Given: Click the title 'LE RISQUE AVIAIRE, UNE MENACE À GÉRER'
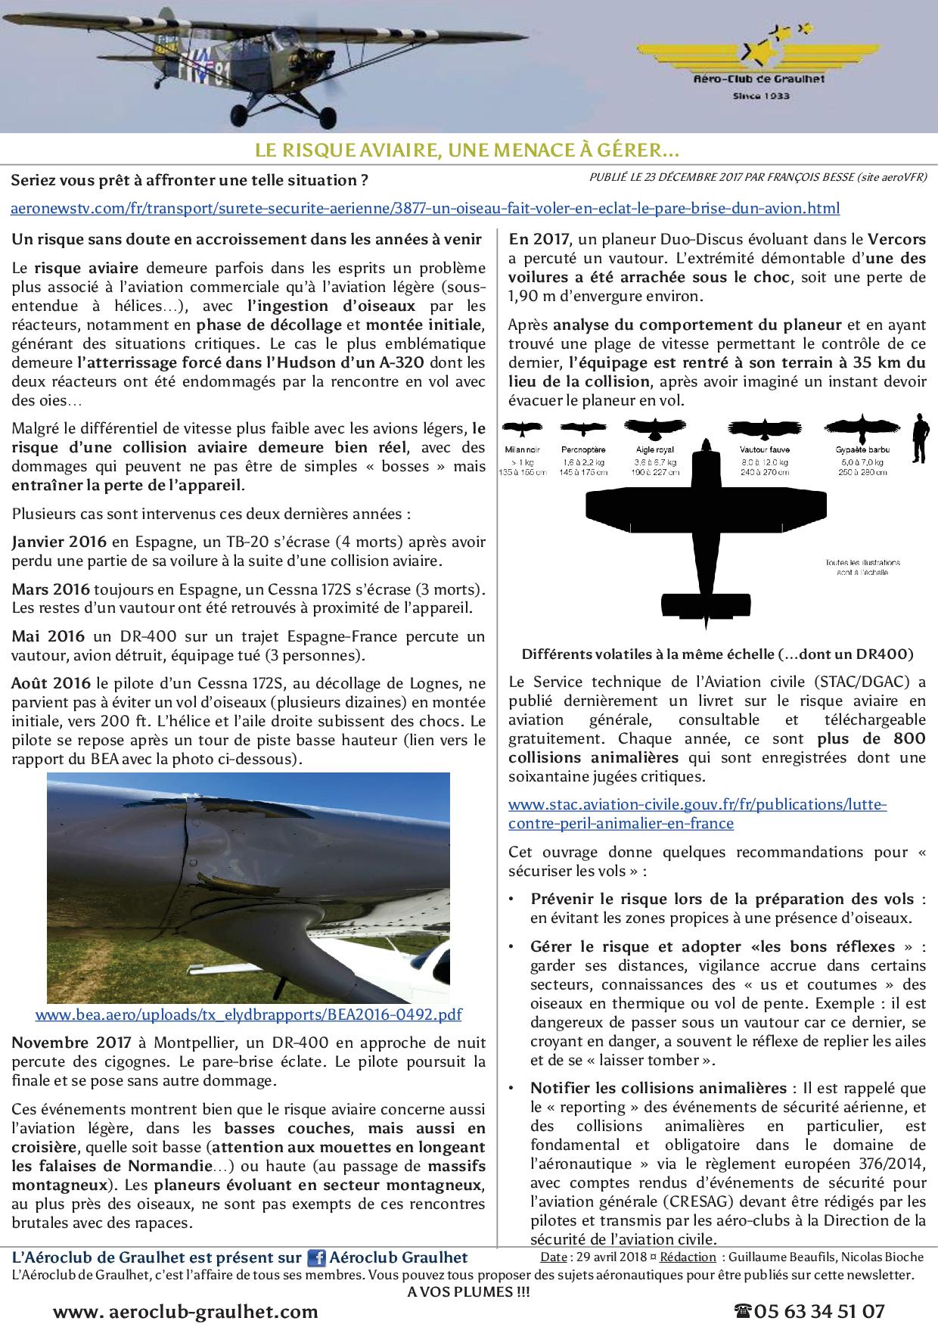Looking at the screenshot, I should (467, 151).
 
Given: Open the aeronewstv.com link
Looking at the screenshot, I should (425, 208).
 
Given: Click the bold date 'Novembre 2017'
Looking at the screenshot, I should (72, 1043).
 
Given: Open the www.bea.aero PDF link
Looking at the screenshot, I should (248, 1015).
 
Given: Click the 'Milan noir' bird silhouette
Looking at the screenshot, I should (523, 429).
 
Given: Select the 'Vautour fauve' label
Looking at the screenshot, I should (764, 450).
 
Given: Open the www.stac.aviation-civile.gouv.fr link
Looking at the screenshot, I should (696, 813).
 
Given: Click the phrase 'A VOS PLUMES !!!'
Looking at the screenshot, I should (468, 1291).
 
